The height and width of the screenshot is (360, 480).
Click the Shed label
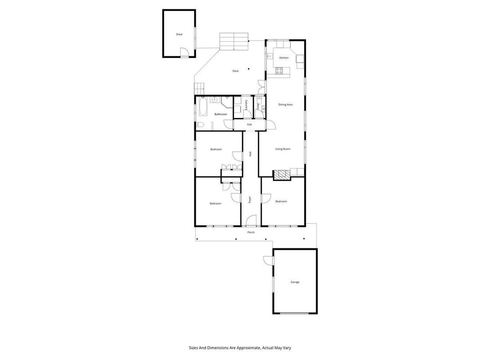pos(179,34)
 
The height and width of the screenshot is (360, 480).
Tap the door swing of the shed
pos(184,52)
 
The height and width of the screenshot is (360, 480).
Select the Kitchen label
pos(284,58)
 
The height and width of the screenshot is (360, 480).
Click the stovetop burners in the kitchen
pos(279,71)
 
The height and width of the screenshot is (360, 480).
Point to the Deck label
pos(235,71)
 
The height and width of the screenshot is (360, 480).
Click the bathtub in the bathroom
pos(203,107)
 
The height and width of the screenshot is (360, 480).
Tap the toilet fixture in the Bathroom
pos(200,125)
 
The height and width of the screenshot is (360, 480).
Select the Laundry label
pos(247,106)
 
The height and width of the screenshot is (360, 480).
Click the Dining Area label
pos(285,105)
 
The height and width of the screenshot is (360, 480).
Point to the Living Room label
pos(283,149)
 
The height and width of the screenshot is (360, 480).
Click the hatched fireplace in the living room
pos(282,175)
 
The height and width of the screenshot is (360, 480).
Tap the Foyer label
pos(250,200)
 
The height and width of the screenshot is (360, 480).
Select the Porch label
pos(251,232)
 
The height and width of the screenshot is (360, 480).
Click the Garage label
pos(295,282)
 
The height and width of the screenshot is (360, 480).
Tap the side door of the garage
pos(269,261)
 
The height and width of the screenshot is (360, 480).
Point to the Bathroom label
pos(221,114)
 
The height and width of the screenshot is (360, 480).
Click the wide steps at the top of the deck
pos(233,41)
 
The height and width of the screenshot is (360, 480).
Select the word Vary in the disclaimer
pos(287,348)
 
